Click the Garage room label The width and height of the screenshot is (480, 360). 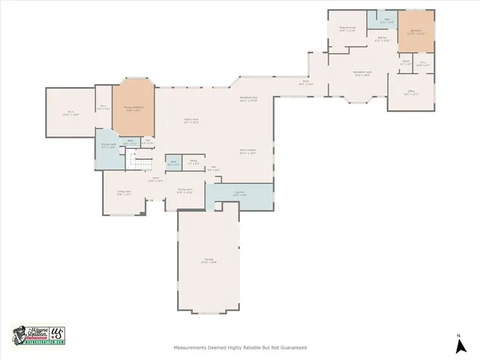(x=208, y=260)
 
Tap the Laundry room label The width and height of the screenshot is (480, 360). (x=239, y=193)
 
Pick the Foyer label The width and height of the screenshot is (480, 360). (x=155, y=180)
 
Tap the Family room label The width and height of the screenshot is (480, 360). (x=191, y=120)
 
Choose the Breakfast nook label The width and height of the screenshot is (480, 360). (x=248, y=98)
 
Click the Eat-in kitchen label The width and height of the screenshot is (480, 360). (x=248, y=151)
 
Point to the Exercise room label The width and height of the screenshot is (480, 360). (x=347, y=29)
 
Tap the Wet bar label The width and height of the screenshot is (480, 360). (x=382, y=39)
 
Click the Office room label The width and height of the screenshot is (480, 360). (x=410, y=93)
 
